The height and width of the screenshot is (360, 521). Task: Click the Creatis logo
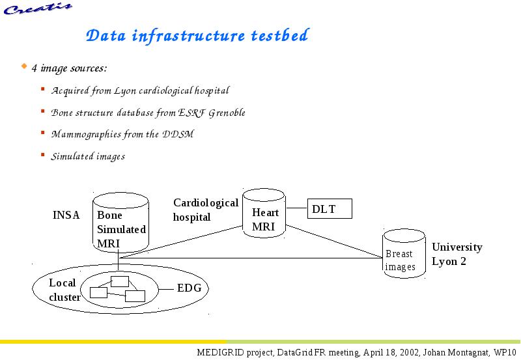click(x=38, y=8)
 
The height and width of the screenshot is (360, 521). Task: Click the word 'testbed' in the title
click(x=280, y=35)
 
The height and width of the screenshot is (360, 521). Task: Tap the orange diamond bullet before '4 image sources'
click(x=24, y=66)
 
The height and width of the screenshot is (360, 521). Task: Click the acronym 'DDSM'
click(x=178, y=134)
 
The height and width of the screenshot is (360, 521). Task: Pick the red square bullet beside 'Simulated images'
click(x=42, y=154)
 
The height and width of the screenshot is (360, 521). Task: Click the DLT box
click(x=330, y=208)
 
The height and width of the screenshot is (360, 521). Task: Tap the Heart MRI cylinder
click(x=264, y=214)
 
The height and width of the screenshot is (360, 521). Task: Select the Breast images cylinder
click(x=404, y=253)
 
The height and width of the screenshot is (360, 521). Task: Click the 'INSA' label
click(x=66, y=215)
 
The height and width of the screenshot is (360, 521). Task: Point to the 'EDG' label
click(x=190, y=288)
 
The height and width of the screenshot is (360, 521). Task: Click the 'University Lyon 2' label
click(x=457, y=254)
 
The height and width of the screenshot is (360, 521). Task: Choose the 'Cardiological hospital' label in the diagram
click(x=206, y=210)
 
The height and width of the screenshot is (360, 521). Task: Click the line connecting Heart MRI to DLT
click(x=296, y=208)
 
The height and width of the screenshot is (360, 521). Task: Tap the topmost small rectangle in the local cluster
click(x=120, y=281)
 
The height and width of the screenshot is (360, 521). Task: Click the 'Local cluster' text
click(x=64, y=290)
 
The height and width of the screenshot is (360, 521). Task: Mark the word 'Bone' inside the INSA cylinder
click(x=109, y=215)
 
